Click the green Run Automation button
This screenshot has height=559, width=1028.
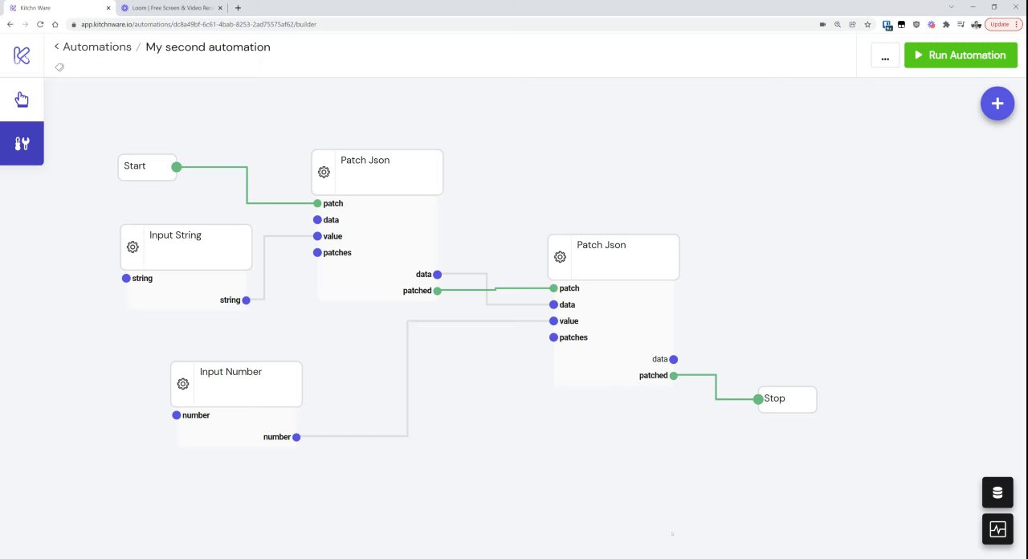tap(961, 55)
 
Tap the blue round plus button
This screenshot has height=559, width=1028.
tap(997, 104)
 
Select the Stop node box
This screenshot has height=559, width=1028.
tap(788, 399)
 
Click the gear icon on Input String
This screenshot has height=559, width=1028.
tap(133, 247)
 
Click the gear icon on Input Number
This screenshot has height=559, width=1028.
tap(183, 384)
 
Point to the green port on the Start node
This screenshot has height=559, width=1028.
tap(177, 167)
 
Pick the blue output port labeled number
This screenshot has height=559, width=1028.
tap(296, 437)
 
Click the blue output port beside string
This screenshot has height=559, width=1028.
tap(247, 300)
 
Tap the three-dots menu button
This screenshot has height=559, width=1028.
tap(885, 55)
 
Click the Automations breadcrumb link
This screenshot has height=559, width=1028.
tap(96, 47)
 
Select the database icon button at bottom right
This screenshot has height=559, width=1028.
tap(997, 492)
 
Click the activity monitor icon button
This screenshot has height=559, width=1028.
tap(997, 529)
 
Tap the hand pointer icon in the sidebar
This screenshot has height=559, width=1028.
tap(22, 100)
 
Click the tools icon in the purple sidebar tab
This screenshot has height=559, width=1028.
tap(22, 144)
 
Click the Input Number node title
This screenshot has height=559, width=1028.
tap(230, 372)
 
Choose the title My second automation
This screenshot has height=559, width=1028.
tap(208, 47)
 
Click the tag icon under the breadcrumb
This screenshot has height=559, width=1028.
tap(59, 67)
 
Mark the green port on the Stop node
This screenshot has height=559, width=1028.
tap(758, 399)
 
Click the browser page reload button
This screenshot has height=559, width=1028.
tap(40, 24)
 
